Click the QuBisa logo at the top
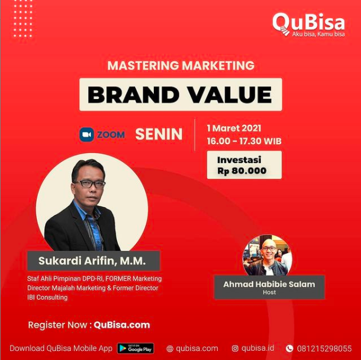tap(309, 25)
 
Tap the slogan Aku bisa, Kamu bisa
tap(318, 34)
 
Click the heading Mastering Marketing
tap(181, 65)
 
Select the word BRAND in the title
tap(133, 95)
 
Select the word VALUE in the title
tap(231, 95)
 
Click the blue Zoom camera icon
tap(86, 134)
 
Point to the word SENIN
tap(159, 134)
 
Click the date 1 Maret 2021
tap(234, 128)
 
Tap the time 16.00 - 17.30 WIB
tap(244, 141)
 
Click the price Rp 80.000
tap(242, 171)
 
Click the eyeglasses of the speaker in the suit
tap(89, 184)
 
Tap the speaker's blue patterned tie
tap(95, 233)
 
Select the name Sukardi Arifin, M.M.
tap(92, 260)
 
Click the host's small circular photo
tap(267, 256)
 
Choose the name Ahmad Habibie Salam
tap(269, 284)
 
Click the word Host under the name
tap(269, 292)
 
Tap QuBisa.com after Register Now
tap(122, 325)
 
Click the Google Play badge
tap(136, 348)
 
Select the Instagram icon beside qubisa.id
tap(235, 349)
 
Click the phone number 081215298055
tap(324, 349)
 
